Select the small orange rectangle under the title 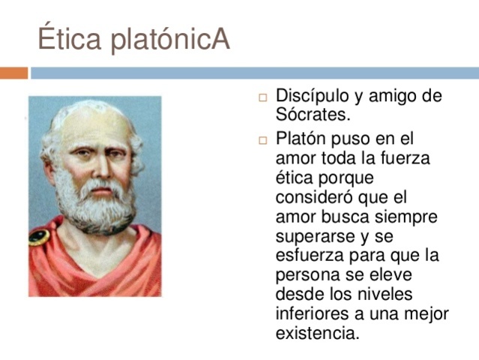(x=13, y=73)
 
